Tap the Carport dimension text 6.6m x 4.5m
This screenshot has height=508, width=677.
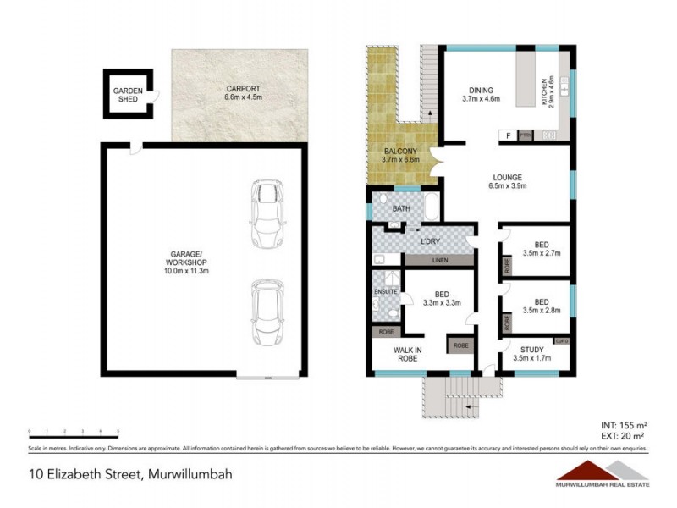(x=244, y=97)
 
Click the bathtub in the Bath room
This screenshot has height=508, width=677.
(x=431, y=207)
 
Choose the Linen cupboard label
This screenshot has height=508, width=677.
(x=439, y=260)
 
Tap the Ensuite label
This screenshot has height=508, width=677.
(x=385, y=292)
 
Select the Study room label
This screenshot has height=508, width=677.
(x=531, y=349)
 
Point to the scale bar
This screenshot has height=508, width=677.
(x=74, y=433)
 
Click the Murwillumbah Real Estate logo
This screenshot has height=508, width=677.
(x=602, y=474)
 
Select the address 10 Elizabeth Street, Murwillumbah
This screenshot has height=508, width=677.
(x=118, y=474)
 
